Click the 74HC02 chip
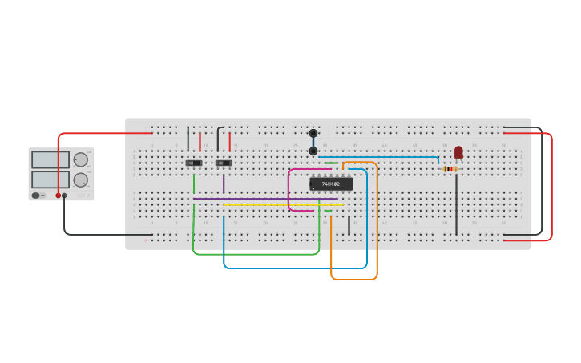click(x=331, y=184)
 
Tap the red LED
click(x=458, y=152)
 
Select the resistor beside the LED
click(x=450, y=168)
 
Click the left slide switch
click(x=194, y=163)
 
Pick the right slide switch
click(x=224, y=163)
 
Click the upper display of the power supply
click(x=50, y=159)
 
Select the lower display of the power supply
click(x=50, y=179)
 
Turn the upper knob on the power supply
click(x=81, y=159)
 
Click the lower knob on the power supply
click(x=81, y=179)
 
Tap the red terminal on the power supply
click(x=59, y=196)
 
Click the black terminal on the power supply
click(x=65, y=196)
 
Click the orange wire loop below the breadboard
click(x=354, y=279)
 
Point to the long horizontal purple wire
click(x=264, y=199)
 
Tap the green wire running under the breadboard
click(x=256, y=254)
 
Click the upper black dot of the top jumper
click(x=313, y=133)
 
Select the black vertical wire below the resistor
click(x=457, y=204)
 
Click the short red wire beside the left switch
click(x=200, y=142)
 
